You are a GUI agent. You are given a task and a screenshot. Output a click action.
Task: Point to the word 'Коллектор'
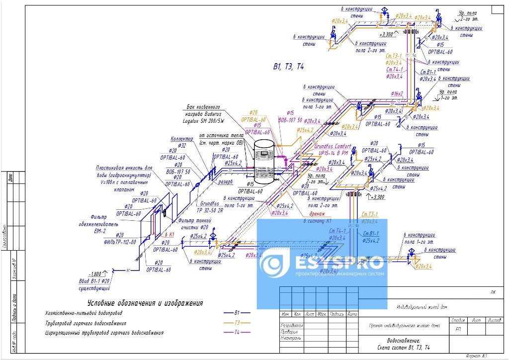click(181, 139)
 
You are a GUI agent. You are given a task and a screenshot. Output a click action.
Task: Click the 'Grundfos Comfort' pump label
click(333, 147)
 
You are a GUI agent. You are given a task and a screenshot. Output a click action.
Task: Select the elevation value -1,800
click(94, 274)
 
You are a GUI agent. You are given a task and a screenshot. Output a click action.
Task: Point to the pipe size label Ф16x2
click(397, 93)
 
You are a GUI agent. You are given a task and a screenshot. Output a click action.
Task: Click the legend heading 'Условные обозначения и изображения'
click(146, 303)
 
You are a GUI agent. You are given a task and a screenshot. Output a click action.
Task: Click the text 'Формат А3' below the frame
click(476, 356)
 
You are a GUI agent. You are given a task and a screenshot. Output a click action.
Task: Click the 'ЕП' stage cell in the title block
click(457, 329)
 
